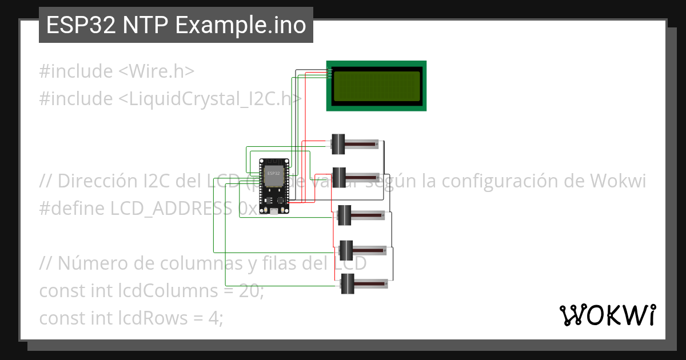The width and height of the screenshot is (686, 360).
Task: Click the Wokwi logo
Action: click(607, 315)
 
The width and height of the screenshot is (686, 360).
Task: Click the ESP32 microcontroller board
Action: click(274, 186)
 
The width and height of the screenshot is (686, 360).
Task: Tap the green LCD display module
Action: click(376, 85)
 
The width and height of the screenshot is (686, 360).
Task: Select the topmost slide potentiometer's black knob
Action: click(338, 144)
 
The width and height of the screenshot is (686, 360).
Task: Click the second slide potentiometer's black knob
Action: click(339, 177)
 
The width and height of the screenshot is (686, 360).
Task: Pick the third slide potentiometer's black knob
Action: click(344, 215)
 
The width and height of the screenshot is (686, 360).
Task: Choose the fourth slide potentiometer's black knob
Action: click(346, 250)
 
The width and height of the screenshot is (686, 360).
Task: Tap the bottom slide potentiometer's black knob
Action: click(348, 283)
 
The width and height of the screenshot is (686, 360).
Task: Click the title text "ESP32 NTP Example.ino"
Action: click(176, 25)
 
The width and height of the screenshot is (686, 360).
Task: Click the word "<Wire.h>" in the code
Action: click(157, 71)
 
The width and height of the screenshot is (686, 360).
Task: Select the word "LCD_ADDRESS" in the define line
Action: click(171, 209)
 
